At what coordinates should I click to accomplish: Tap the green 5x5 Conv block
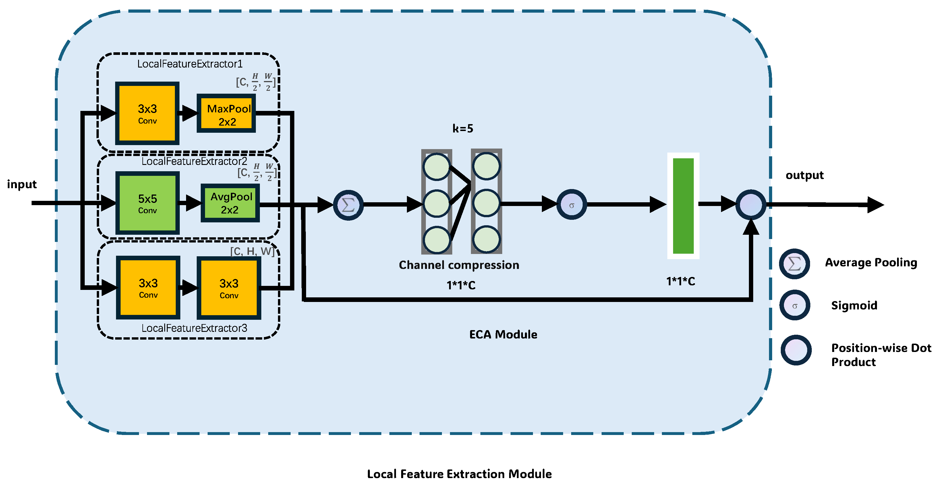tap(147, 203)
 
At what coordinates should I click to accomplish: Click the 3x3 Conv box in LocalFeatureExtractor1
tap(147, 113)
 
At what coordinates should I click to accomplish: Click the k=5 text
tap(463, 129)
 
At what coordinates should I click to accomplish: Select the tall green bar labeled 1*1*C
tap(683, 206)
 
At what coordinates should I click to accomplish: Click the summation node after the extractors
tap(348, 205)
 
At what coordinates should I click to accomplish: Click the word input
tap(22, 184)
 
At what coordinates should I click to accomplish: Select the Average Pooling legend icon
tap(794, 263)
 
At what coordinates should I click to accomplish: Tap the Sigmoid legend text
tap(854, 305)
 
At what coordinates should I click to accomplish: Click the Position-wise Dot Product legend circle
tap(796, 350)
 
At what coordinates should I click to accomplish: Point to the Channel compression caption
tap(459, 265)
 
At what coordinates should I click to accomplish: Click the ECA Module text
tap(503, 334)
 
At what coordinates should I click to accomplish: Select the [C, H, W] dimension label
tap(252, 251)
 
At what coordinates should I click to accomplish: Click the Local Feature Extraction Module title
tap(459, 474)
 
